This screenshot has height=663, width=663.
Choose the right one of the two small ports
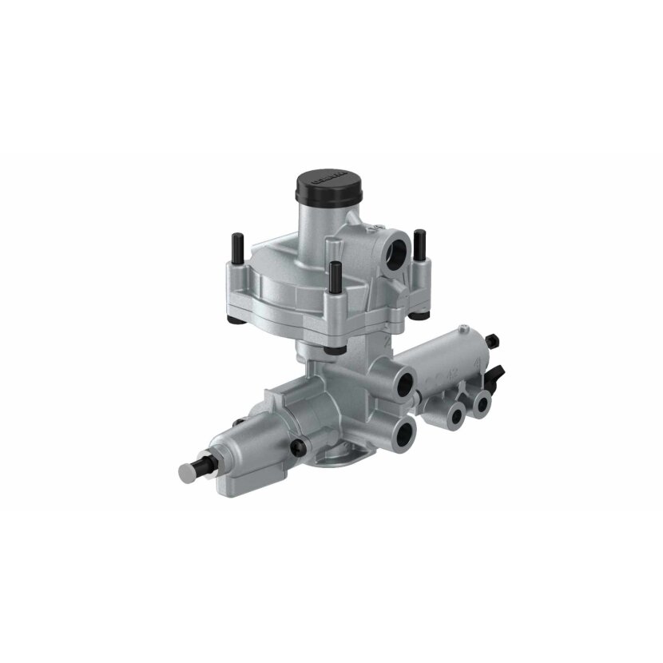481,403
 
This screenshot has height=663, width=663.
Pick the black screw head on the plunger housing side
297,446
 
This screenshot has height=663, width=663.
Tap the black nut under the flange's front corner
330,349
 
